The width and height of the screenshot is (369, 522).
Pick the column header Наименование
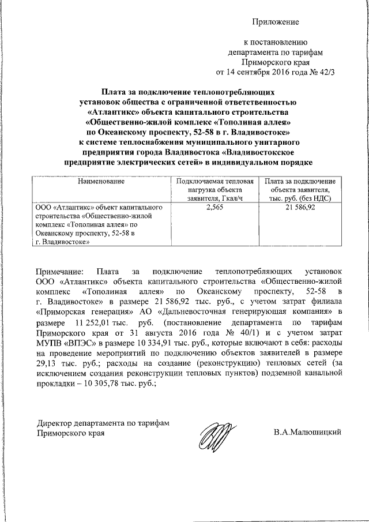pos(101,182)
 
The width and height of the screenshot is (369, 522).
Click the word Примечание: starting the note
pos(59,271)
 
